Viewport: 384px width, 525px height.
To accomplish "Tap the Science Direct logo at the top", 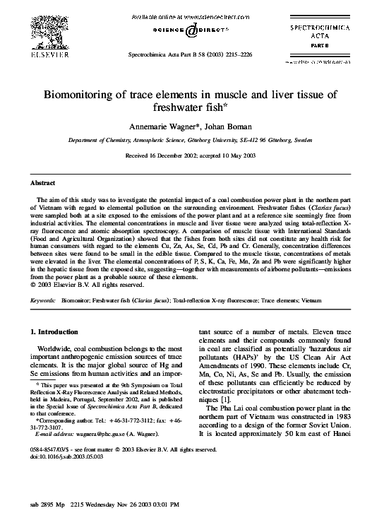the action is (x=191, y=30).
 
